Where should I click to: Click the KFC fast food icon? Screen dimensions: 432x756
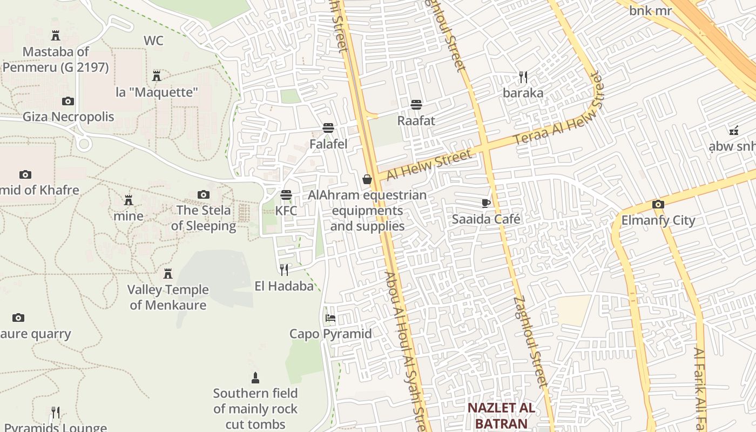click(x=286, y=195)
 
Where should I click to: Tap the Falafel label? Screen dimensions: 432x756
click(x=328, y=144)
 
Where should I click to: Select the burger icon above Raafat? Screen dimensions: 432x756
click(x=416, y=104)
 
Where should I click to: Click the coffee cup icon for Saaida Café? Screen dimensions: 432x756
click(x=486, y=203)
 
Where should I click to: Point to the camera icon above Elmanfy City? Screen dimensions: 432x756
click(x=658, y=204)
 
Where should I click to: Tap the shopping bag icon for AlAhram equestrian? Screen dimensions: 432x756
click(x=367, y=179)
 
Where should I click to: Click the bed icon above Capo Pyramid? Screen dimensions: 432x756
click(x=330, y=318)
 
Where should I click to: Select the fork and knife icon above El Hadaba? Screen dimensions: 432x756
click(x=284, y=269)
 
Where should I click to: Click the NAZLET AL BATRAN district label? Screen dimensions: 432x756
click(x=501, y=415)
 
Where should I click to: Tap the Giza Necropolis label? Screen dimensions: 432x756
click(x=68, y=117)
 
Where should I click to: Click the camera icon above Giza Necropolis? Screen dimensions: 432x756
click(x=68, y=101)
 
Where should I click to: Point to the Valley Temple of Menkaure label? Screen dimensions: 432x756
click(x=168, y=297)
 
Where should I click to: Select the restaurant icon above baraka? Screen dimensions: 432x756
click(x=523, y=77)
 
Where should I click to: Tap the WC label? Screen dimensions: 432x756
click(x=153, y=40)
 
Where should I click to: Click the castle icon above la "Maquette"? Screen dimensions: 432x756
click(x=157, y=76)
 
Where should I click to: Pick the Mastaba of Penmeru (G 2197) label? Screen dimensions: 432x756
click(x=56, y=59)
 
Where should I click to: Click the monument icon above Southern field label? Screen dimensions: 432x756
click(x=255, y=377)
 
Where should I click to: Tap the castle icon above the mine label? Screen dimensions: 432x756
click(x=129, y=200)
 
